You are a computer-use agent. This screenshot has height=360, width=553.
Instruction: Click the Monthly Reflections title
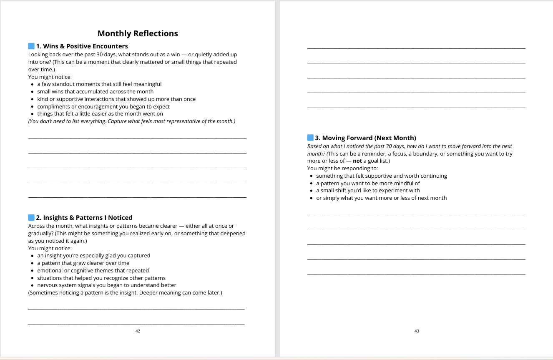coord(138,33)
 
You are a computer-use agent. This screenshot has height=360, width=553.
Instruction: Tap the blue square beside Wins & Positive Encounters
coord(31,46)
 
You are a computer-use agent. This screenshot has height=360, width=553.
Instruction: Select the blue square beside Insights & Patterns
coord(31,217)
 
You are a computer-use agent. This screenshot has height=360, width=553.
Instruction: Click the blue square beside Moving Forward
coord(310,138)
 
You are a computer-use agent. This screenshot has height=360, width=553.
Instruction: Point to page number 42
coord(138,331)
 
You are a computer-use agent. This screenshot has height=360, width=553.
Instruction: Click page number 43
coord(417,331)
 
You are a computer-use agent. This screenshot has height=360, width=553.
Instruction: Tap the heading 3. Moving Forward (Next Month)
coord(365,138)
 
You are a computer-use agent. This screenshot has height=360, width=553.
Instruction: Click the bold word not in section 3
coord(357,161)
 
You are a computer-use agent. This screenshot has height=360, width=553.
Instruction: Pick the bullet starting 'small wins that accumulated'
coord(95,91)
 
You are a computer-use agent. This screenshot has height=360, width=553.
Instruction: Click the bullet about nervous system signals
coord(107,285)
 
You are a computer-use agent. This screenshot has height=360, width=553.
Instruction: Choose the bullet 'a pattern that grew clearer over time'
coord(83,263)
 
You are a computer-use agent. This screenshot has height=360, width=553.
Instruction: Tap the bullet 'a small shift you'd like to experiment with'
coord(368,191)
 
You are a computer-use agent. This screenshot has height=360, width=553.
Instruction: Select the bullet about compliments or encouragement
coord(103,106)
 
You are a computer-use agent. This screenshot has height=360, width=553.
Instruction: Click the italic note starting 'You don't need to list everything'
coord(131,121)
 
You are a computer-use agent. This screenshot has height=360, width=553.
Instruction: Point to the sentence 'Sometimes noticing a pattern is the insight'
coord(125,293)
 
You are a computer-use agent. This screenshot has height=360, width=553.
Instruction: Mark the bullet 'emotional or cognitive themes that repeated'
coord(93,270)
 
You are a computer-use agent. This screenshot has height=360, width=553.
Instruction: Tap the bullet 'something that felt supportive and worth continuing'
coord(382,176)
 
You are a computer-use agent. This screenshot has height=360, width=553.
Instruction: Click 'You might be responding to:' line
coord(342,169)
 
